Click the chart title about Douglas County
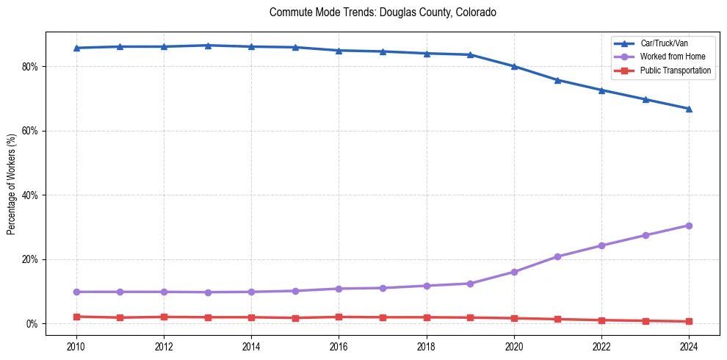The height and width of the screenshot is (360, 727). click(x=383, y=12)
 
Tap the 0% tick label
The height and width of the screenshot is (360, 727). click(x=32, y=324)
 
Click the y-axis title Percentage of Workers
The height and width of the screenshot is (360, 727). click(x=12, y=184)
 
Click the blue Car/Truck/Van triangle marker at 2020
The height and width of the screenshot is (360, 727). click(x=514, y=66)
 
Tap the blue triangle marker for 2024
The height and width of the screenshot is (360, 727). click(x=689, y=109)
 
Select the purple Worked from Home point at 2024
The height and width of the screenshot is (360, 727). click(x=689, y=226)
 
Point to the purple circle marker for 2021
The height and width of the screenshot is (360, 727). click(x=558, y=256)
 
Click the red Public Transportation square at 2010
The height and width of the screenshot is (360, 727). click(x=76, y=317)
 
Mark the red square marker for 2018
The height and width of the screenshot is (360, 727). click(x=427, y=317)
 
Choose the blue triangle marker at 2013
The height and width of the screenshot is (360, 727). click(x=207, y=46)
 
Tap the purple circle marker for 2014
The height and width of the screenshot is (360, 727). click(x=251, y=292)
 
